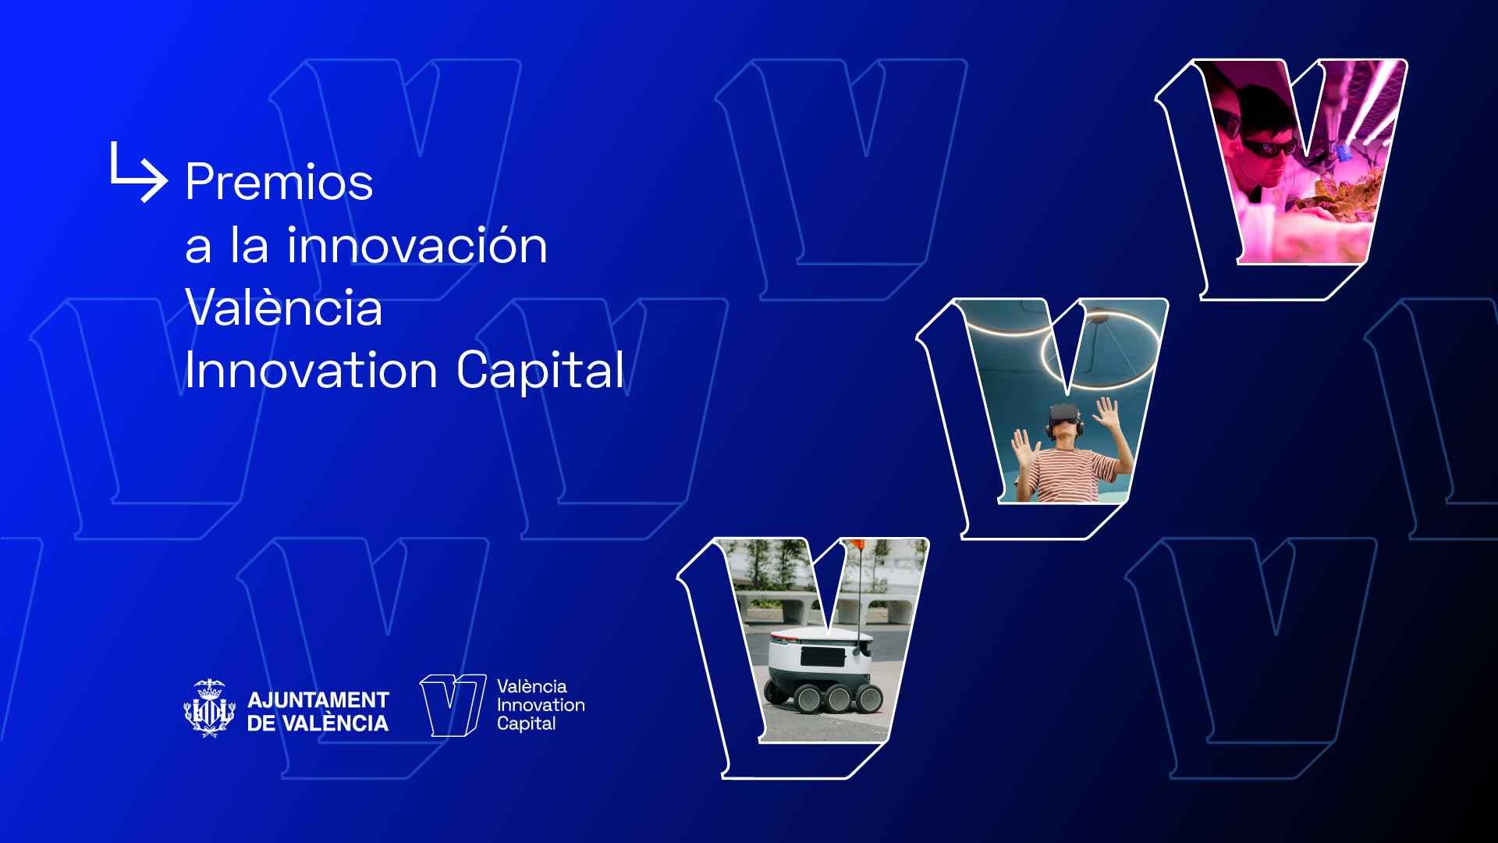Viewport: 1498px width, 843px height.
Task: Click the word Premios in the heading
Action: click(279, 182)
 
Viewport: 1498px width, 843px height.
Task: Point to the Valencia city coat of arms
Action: click(209, 709)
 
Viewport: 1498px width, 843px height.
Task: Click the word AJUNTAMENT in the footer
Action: click(318, 699)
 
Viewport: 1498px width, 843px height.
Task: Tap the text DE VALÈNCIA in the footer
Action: click(318, 724)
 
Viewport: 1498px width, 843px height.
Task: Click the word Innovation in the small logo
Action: click(541, 705)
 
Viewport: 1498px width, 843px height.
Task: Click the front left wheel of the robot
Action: click(808, 699)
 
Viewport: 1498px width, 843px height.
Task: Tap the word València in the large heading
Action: click(284, 308)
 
